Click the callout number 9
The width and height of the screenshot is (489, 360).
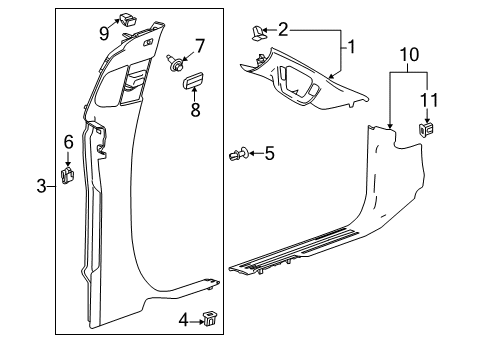pyautogui.click(x=104, y=33)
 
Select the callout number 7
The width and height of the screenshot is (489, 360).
pyautogui.click(x=200, y=46)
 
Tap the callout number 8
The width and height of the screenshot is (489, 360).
pyautogui.click(x=195, y=109)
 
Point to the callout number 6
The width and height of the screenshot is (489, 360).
pyautogui.click(x=68, y=142)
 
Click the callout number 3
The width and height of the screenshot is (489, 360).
pyautogui.click(x=41, y=186)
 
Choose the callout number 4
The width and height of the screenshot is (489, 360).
pyautogui.click(x=184, y=321)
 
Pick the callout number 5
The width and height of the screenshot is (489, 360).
pyautogui.click(x=269, y=153)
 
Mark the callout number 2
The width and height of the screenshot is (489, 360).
pyautogui.click(x=283, y=30)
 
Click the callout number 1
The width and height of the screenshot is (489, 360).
pyautogui.click(x=351, y=47)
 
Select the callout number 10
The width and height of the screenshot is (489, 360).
pyautogui.click(x=409, y=54)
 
